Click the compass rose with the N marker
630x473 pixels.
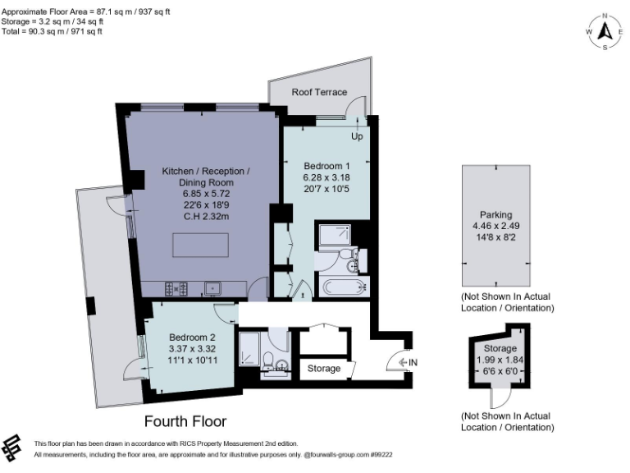coord(605,31)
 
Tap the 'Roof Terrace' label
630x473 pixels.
coord(319,93)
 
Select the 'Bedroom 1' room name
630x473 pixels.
coord(326,168)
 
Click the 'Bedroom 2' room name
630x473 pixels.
coord(192,338)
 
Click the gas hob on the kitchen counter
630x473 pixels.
coord(174,288)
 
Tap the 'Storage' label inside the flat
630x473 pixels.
coord(324,369)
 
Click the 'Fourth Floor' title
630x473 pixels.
coord(185,421)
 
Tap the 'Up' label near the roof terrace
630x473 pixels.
coord(357,136)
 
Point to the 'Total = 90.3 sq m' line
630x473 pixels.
coord(51,30)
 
